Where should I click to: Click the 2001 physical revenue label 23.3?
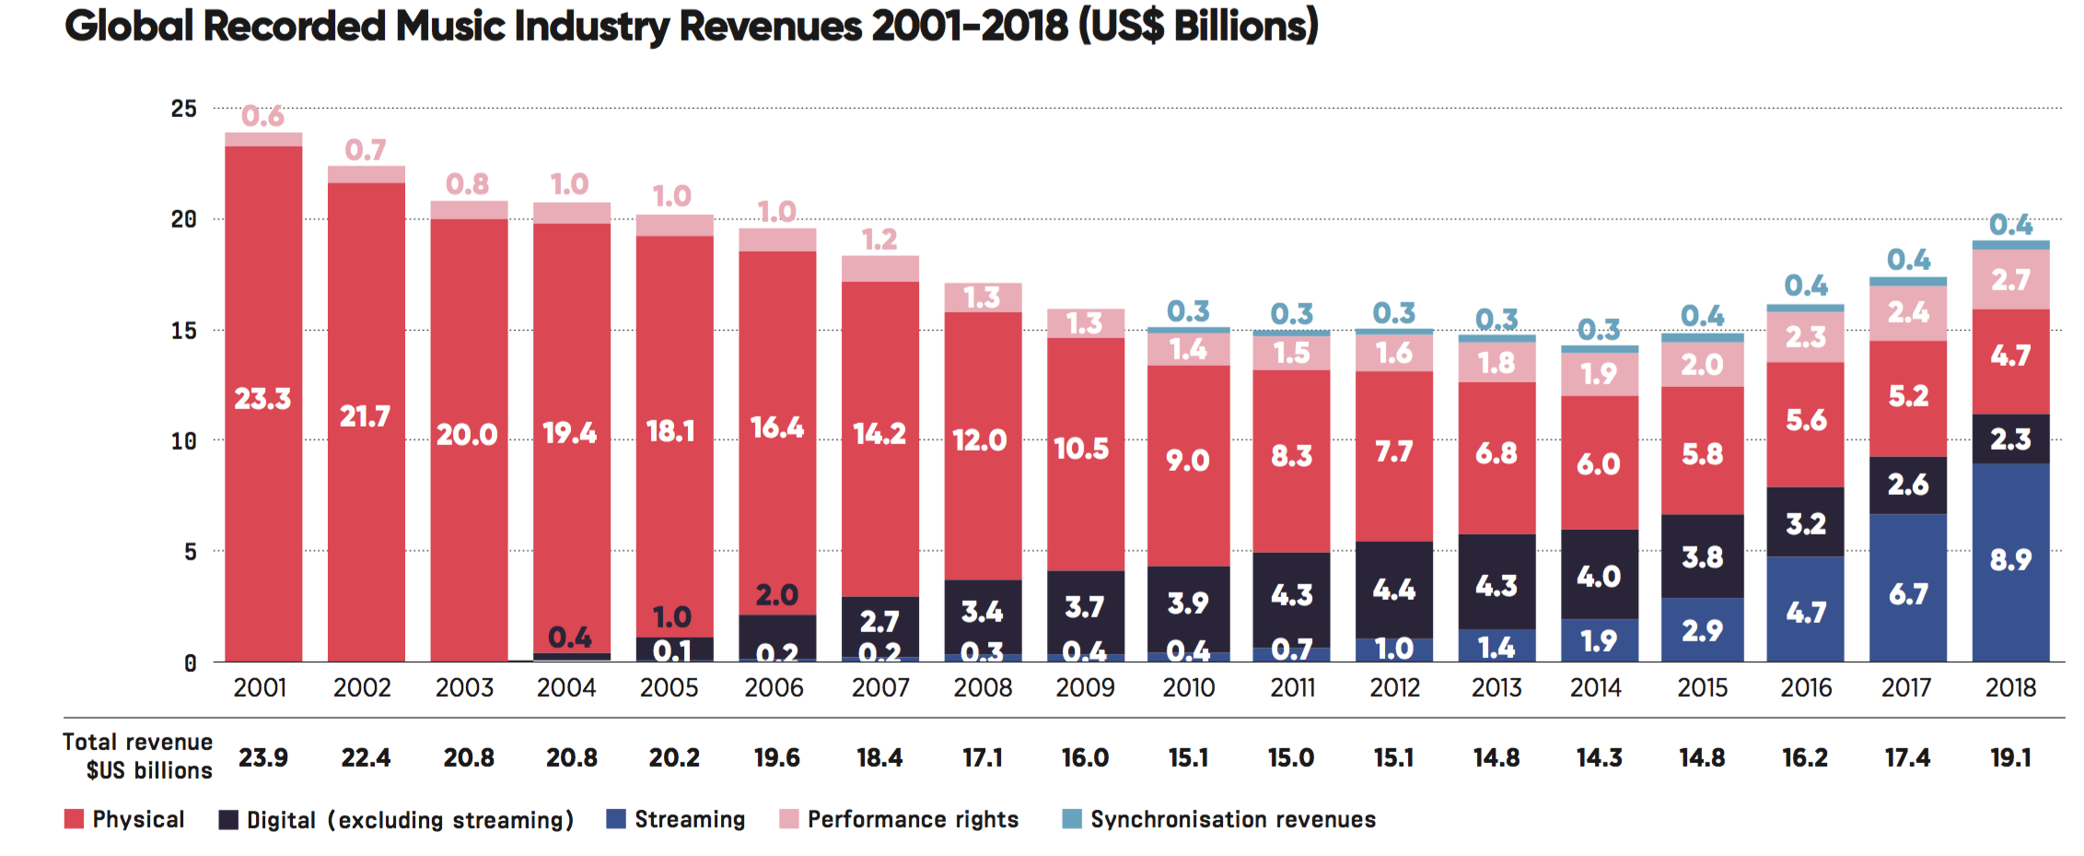262,399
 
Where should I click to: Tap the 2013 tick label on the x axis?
1496,687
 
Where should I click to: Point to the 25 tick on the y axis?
184,109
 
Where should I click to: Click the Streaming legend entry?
676,819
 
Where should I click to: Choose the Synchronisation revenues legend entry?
1219,819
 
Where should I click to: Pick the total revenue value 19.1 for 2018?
2010,757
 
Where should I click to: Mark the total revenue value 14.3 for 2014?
1599,757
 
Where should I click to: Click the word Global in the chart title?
129,26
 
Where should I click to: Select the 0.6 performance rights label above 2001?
262,116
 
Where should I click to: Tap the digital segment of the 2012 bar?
1394,590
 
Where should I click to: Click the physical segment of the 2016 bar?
1805,424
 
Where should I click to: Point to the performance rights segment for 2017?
1908,313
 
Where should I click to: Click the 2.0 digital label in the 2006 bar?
776,595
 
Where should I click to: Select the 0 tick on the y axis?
190,663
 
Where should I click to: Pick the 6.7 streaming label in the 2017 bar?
1908,594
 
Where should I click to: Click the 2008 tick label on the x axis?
983,687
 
